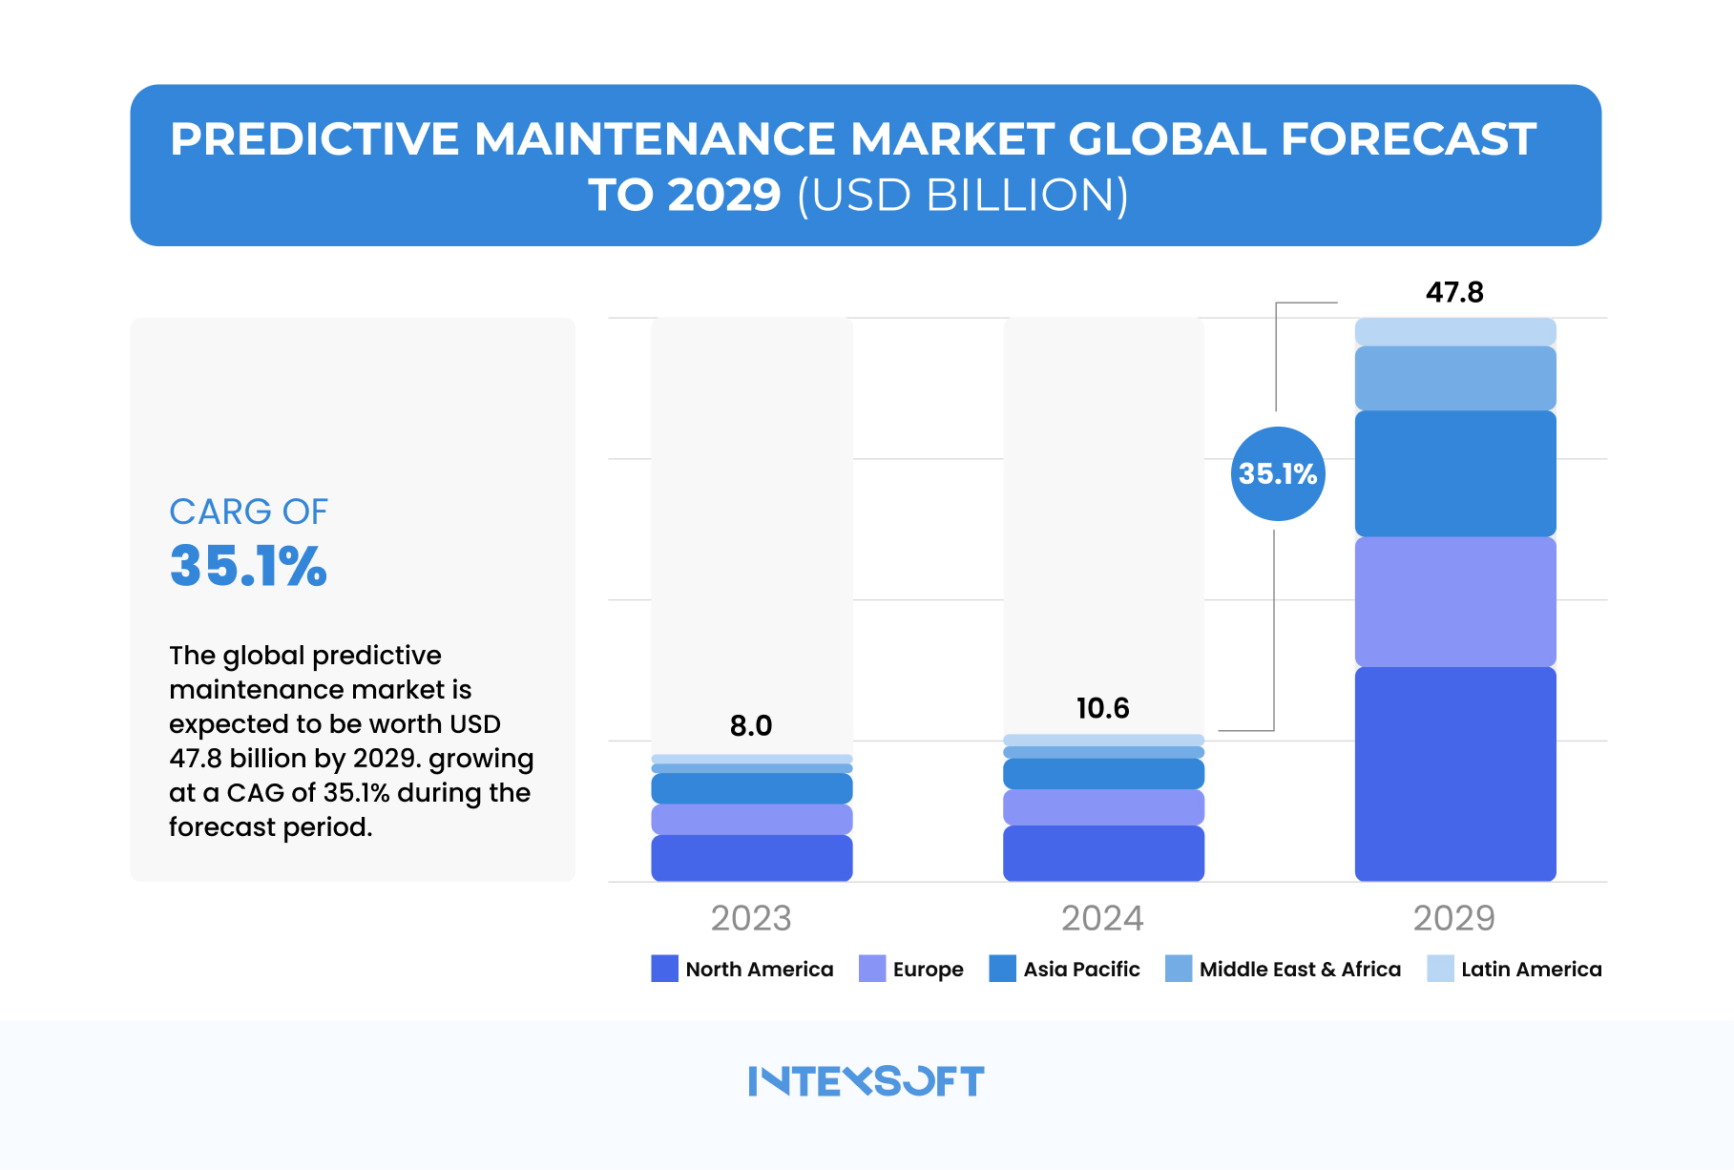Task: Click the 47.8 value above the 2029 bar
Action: click(x=1454, y=292)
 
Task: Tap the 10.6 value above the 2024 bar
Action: click(x=1102, y=708)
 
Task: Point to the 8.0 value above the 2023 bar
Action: click(x=751, y=726)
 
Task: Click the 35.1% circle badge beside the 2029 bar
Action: click(x=1277, y=473)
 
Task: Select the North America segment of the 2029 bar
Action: click(x=1454, y=773)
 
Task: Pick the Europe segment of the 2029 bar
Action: click(x=1454, y=601)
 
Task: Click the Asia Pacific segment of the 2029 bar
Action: click(x=1454, y=473)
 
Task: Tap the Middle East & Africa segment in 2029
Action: click(x=1454, y=378)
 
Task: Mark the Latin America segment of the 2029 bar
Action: click(x=1454, y=332)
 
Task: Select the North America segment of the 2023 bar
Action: click(x=751, y=857)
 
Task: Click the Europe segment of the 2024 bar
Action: click(x=1102, y=807)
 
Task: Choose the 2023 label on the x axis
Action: click(x=751, y=918)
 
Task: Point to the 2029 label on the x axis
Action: click(x=1453, y=918)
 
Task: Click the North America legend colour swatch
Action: click(x=664, y=969)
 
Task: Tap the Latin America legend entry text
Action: click(x=1531, y=970)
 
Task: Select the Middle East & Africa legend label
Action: click(x=1300, y=970)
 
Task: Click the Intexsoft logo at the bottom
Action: click(x=866, y=1081)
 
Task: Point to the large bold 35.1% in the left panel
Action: click(x=248, y=566)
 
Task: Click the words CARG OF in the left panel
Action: click(x=248, y=512)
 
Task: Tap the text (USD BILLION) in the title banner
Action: click(x=962, y=196)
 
